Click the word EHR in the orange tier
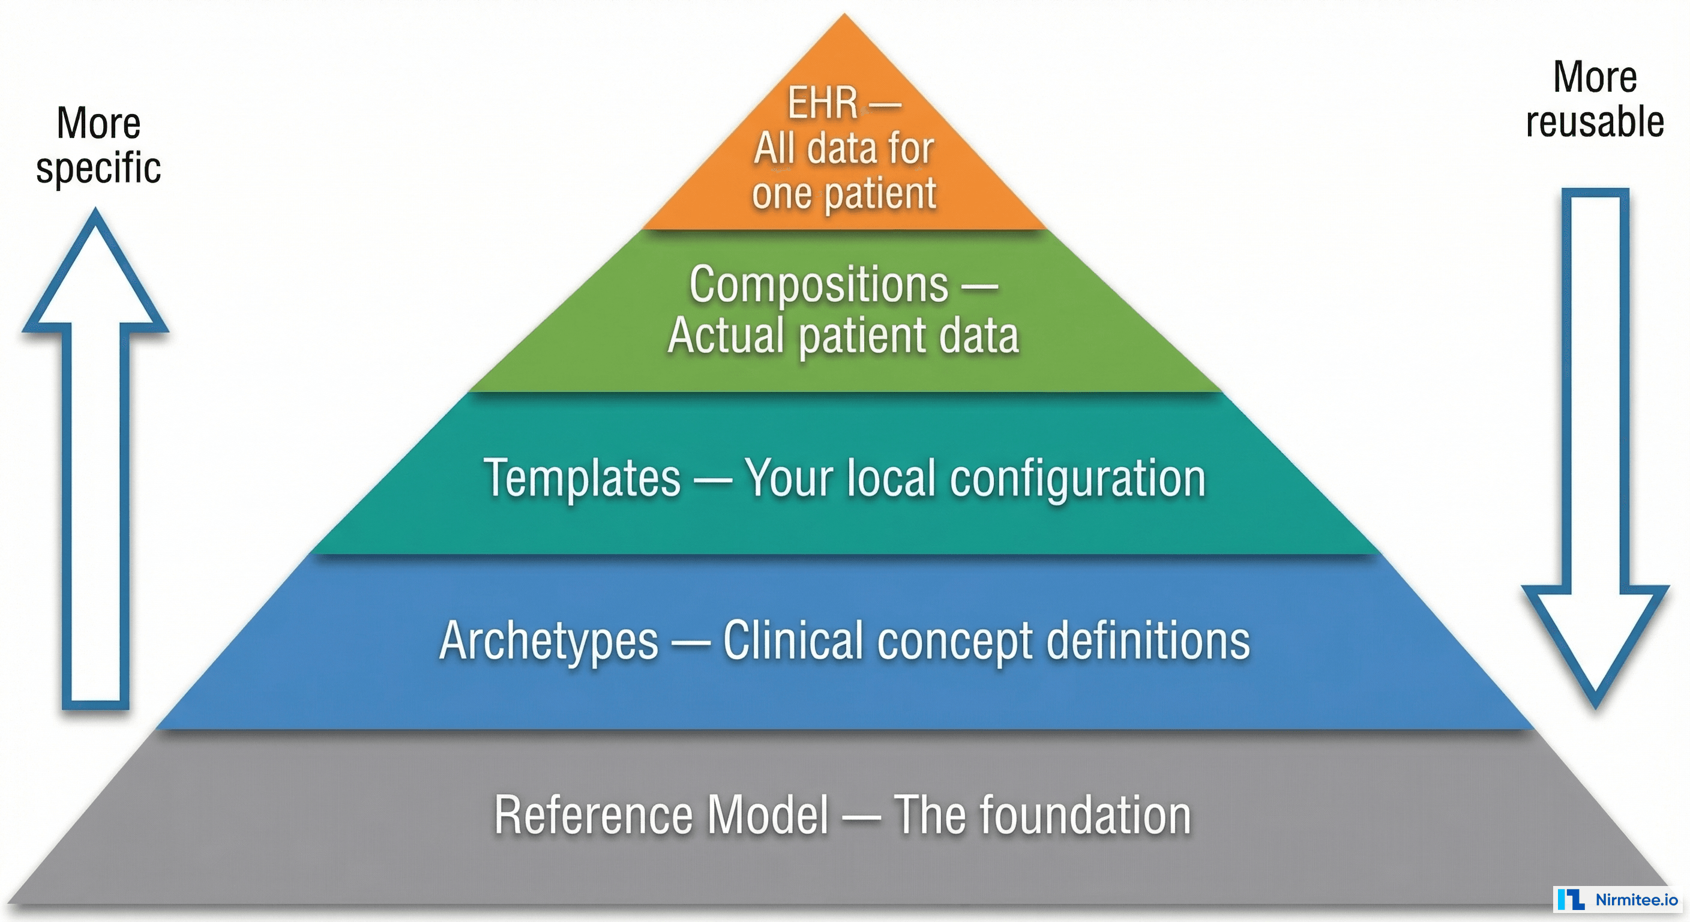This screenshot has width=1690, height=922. (x=823, y=103)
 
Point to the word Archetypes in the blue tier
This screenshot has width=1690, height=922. (x=549, y=641)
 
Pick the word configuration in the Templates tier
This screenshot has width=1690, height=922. (x=1077, y=479)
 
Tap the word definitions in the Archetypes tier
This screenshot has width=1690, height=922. (x=1147, y=641)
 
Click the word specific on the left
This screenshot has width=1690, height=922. (x=98, y=169)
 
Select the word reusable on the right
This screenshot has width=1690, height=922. (x=1594, y=122)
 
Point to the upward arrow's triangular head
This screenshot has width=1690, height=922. (x=96, y=276)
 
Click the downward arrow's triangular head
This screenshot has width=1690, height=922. (x=1595, y=640)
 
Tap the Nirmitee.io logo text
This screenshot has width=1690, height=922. (x=1636, y=900)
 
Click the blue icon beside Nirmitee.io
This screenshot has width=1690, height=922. (x=1572, y=900)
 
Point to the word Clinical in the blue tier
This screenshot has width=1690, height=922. (x=793, y=641)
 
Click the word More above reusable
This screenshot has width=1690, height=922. (x=1594, y=77)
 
